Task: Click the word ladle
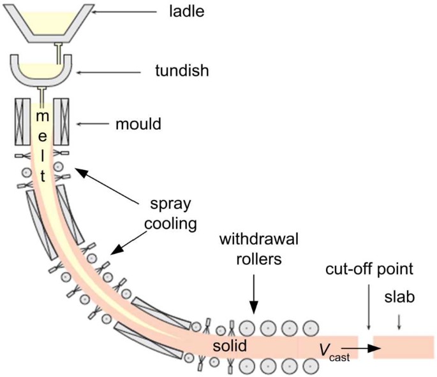187,11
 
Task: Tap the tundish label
182,71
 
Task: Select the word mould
138,124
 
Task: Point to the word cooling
170,224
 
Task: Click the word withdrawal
259,239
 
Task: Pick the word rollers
259,259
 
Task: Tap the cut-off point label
369,269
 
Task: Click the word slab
399,297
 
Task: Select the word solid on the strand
230,346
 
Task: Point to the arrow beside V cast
361,348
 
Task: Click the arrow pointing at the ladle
124,12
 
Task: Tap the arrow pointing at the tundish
108,73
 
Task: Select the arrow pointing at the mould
93,124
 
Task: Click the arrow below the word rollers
254,294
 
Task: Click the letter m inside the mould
43,116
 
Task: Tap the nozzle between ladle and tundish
59,53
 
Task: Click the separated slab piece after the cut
404,347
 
